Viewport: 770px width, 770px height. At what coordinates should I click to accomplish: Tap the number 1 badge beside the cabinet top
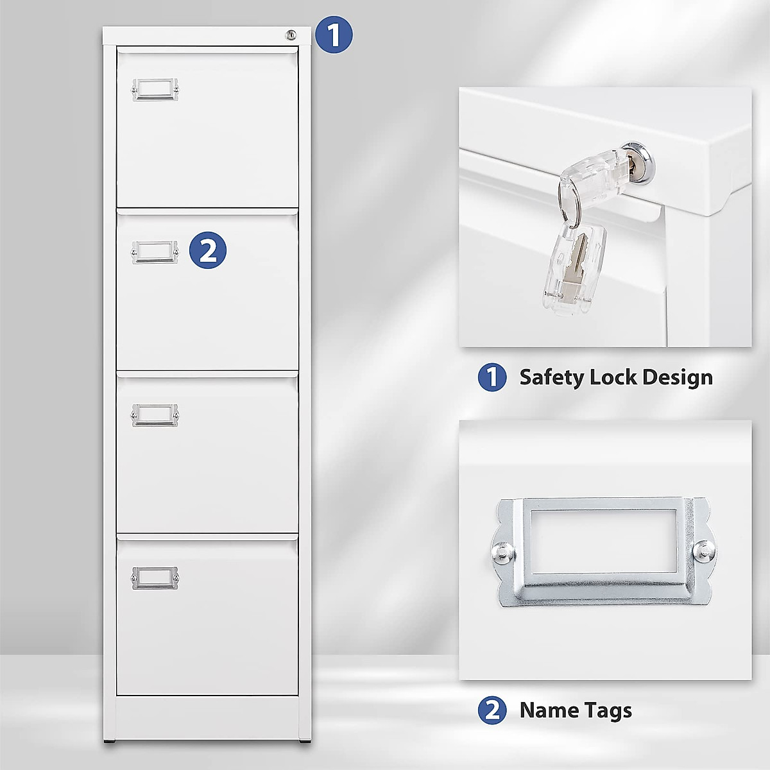pyautogui.click(x=334, y=35)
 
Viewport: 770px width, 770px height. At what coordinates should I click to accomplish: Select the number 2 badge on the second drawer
pyautogui.click(x=209, y=250)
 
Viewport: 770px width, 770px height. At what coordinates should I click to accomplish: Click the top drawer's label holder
pyautogui.click(x=155, y=90)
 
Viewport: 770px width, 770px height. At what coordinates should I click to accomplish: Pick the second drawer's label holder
pyautogui.click(x=155, y=252)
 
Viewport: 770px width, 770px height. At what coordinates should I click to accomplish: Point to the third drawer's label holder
pyautogui.click(x=155, y=415)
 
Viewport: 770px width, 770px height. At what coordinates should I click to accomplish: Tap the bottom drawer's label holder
pyautogui.click(x=155, y=577)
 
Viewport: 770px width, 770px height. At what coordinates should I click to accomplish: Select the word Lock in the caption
pyautogui.click(x=613, y=377)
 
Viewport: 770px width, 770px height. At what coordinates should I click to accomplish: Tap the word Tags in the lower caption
pyautogui.click(x=608, y=710)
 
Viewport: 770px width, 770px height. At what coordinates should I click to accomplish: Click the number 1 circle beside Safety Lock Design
pyautogui.click(x=492, y=377)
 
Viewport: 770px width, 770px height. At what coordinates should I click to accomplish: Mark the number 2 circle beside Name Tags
pyautogui.click(x=492, y=710)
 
